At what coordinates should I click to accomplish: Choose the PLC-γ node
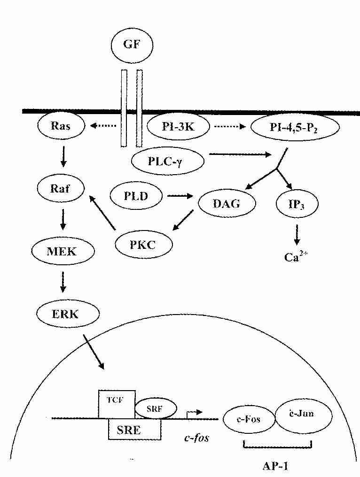tap(168, 161)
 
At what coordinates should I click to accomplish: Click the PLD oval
tap(136, 194)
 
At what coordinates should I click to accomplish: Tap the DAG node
tap(227, 203)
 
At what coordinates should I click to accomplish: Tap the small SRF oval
tap(156, 408)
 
